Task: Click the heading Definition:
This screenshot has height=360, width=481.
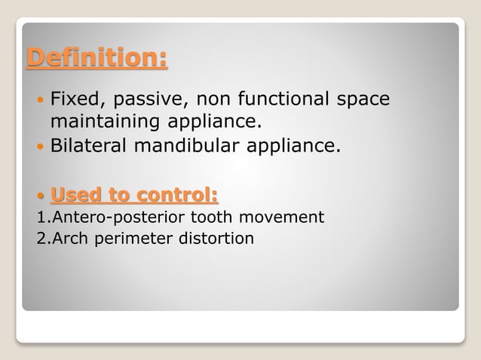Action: tap(97, 58)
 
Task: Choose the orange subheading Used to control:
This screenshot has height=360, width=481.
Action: tap(134, 197)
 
